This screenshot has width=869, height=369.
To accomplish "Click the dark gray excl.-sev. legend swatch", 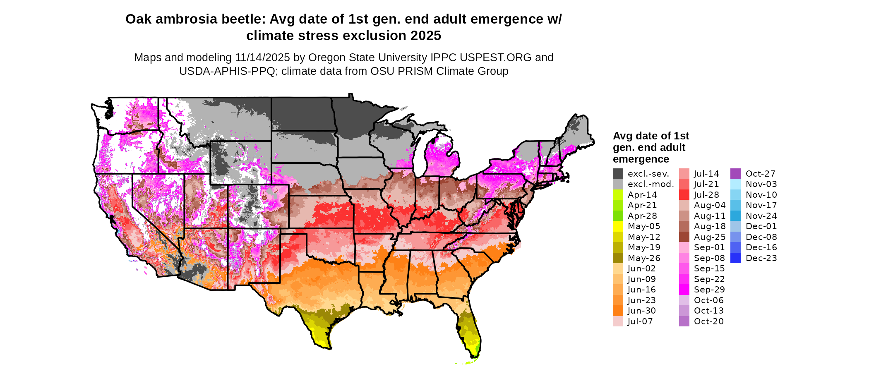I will click(618, 174).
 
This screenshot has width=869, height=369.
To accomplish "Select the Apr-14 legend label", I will click(642, 195).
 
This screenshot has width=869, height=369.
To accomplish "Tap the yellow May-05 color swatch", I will click(618, 226).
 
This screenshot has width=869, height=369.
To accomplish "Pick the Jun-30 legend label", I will click(642, 311).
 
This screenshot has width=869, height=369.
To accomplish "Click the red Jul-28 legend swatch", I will click(684, 195).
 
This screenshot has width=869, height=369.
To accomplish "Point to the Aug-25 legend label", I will click(710, 237).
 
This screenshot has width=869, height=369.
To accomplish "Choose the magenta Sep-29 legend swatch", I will click(684, 290).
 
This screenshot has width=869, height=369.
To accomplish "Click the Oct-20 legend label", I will click(709, 321).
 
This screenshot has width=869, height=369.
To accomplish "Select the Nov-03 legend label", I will click(761, 184).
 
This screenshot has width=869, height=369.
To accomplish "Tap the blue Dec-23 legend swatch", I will click(736, 258).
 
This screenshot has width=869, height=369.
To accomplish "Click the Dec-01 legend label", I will click(761, 226).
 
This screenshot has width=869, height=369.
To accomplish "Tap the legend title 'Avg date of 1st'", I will click(651, 136).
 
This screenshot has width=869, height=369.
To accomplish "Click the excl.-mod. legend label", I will click(651, 184).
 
